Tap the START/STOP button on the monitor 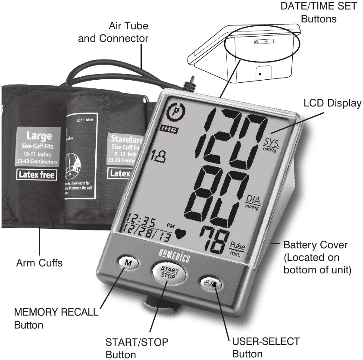[x=169, y=272]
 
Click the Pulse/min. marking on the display [x=238, y=247]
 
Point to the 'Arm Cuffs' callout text [x=38, y=263]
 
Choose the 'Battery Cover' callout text [x=316, y=246]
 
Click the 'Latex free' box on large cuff [x=37, y=175]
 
